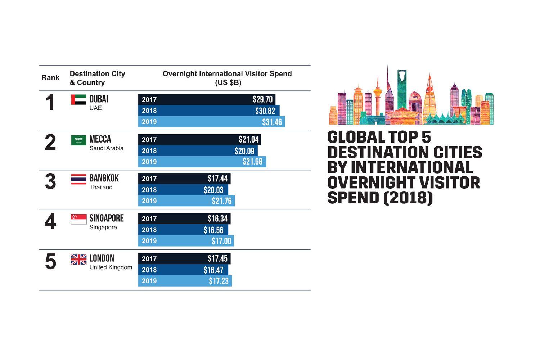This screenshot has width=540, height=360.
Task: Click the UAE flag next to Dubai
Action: pyautogui.click(x=78, y=100)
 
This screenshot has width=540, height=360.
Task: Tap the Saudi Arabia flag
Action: pyautogui.click(x=78, y=140)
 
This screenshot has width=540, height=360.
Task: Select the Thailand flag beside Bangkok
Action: pyautogui.click(x=78, y=179)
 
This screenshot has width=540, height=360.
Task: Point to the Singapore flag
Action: pyautogui.click(x=78, y=219)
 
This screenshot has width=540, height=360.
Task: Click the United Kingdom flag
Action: pyautogui.click(x=78, y=259)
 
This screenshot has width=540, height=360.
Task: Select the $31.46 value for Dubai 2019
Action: pyautogui.click(x=272, y=122)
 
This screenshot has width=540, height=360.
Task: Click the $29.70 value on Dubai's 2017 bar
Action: pyautogui.click(x=262, y=100)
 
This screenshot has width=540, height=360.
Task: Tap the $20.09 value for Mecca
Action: pyautogui.click(x=244, y=151)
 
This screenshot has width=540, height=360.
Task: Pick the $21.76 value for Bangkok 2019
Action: pyautogui.click(x=221, y=201)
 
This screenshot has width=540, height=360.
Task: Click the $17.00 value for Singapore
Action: pyautogui.click(x=221, y=241)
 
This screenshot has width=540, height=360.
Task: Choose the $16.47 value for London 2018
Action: pyautogui.click(x=213, y=270)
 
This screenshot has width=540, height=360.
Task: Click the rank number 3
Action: pyautogui.click(x=50, y=182)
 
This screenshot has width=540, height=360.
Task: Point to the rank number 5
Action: pyautogui.click(x=50, y=262)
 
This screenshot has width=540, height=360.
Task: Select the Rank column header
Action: pyautogui.click(x=50, y=78)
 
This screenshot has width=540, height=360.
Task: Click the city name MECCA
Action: pyautogui.click(x=100, y=139)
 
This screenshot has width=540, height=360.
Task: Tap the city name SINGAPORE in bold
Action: pyautogui.click(x=106, y=218)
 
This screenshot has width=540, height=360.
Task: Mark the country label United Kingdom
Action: pyautogui.click(x=111, y=267)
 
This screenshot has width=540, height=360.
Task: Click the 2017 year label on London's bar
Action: pyautogui.click(x=149, y=259)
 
